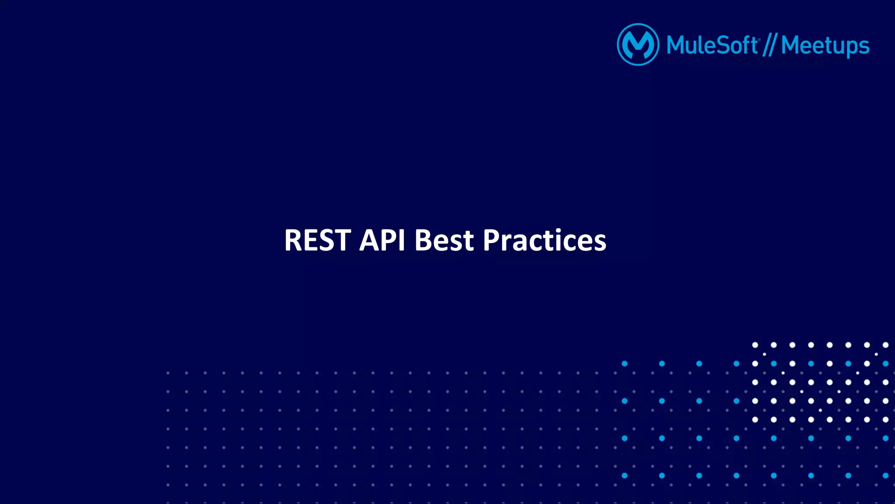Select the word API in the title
(382, 240)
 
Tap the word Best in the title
(444, 240)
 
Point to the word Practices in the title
(545, 240)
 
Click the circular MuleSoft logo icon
(638, 45)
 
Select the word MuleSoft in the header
(712, 45)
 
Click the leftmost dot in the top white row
(755, 345)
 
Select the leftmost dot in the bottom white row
(755, 420)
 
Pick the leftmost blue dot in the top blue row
(624, 364)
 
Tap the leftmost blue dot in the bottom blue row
(624, 476)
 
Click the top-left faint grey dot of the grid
(168, 373)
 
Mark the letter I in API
(402, 240)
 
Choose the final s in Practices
(600, 243)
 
